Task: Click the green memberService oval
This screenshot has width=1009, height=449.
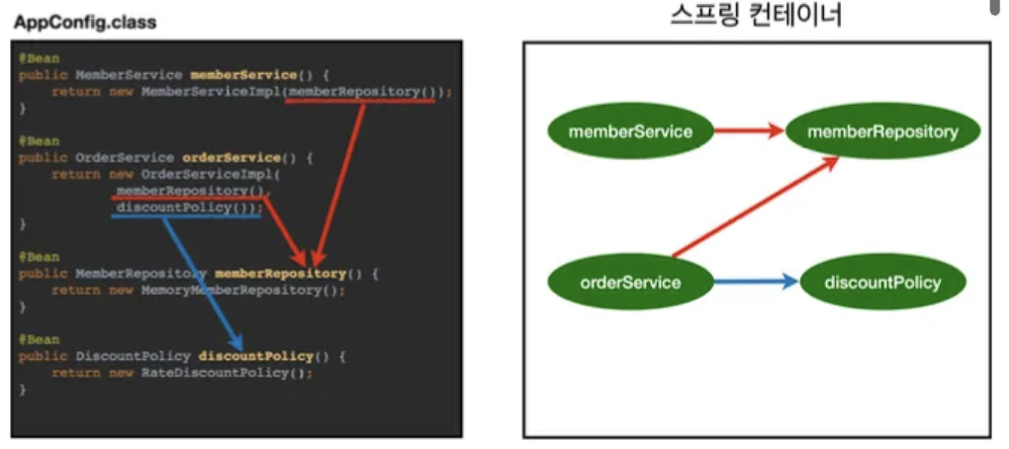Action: click(x=630, y=132)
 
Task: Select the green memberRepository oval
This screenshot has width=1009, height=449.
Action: click(x=882, y=132)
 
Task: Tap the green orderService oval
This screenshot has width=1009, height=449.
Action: click(x=630, y=283)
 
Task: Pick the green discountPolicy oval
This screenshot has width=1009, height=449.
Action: click(x=882, y=283)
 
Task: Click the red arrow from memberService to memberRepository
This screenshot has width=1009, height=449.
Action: click(x=750, y=131)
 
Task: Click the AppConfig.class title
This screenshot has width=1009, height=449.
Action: click(x=85, y=21)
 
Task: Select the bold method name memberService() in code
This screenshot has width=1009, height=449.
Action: click(x=243, y=75)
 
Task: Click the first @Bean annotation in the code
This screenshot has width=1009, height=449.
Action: click(x=38, y=58)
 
